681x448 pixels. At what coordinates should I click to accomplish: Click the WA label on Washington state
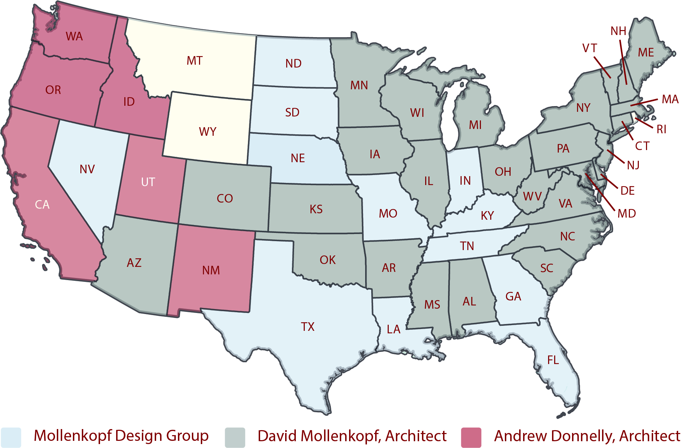[74, 36]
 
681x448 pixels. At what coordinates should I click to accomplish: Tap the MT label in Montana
[195, 61]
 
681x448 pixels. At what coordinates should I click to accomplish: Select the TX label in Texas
[308, 327]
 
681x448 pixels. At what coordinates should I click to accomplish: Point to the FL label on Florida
[553, 360]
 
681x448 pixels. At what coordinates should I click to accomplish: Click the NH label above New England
[618, 31]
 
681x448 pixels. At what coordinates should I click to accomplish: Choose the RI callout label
[662, 129]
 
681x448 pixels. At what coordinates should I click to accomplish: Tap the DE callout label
[628, 191]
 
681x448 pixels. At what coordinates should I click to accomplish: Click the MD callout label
[627, 214]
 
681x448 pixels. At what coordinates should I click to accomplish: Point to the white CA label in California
[42, 205]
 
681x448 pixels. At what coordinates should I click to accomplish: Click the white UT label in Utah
[148, 182]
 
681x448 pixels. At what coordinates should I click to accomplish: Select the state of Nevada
[88, 179]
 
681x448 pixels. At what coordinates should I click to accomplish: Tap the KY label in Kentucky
[487, 216]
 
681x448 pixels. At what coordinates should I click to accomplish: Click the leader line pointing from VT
[602, 67]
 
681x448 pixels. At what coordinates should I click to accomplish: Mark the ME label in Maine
[646, 53]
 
